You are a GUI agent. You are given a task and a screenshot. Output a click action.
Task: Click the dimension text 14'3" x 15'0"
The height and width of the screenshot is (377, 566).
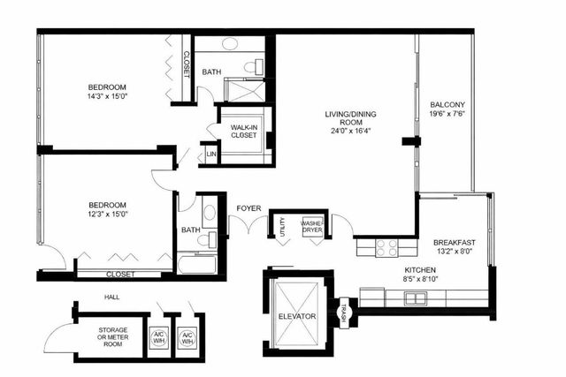tap(107, 98)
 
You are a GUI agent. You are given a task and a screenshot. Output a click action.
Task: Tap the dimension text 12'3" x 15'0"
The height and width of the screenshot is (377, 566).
tap(107, 214)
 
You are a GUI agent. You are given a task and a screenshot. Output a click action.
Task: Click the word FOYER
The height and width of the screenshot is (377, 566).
tap(249, 208)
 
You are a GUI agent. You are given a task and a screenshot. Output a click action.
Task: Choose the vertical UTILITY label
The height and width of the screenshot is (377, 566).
tap(282, 229)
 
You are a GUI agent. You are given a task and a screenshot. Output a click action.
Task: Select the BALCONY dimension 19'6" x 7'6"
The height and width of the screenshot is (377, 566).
tap(447, 114)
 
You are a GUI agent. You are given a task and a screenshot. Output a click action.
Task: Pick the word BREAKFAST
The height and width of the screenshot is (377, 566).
tap(455, 243)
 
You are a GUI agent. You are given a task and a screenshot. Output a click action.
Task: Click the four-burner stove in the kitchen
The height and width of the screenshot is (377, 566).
tap(387, 248)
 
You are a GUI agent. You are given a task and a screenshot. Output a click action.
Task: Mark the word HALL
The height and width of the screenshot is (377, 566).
tap(111, 298)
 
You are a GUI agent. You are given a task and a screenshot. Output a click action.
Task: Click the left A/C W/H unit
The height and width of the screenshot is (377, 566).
tap(160, 337)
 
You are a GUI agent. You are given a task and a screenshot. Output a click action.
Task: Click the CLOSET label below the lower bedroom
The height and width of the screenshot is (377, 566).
tap(120, 275)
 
